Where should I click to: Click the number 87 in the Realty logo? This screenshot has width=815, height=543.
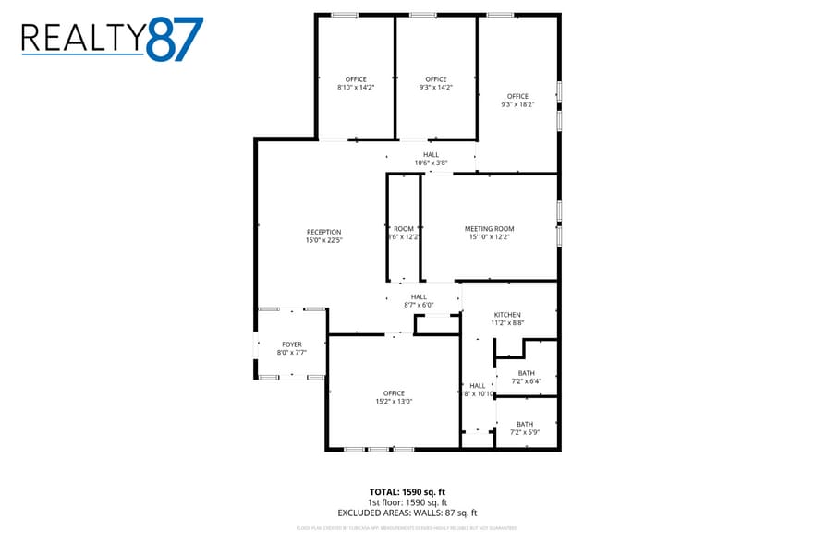[x=175, y=39]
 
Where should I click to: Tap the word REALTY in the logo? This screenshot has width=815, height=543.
[x=83, y=39]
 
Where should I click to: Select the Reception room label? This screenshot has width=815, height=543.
[x=323, y=232]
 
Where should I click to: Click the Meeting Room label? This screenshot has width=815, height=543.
[x=489, y=228]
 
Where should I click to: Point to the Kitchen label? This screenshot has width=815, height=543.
[x=506, y=315]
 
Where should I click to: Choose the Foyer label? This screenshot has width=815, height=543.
[x=292, y=344]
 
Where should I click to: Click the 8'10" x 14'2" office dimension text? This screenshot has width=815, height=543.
[x=356, y=87]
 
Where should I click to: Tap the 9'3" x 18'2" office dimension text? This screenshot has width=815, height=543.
[x=517, y=104]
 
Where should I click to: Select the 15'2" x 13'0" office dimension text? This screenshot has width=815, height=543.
[x=394, y=402]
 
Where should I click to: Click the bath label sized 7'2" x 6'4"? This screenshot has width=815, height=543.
[x=526, y=373]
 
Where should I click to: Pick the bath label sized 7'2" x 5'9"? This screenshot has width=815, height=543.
[x=524, y=424]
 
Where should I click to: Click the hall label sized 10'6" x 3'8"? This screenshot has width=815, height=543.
[x=431, y=154]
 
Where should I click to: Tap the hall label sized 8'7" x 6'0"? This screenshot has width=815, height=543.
[x=419, y=296]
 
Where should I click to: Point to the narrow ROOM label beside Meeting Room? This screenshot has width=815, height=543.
[x=404, y=228]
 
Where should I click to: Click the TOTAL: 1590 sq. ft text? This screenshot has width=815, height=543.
[x=407, y=491]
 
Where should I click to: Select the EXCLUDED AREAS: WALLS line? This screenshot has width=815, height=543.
[x=407, y=513]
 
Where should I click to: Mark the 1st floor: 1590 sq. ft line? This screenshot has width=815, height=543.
[x=407, y=501]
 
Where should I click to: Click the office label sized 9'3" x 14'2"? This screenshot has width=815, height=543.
[x=436, y=79]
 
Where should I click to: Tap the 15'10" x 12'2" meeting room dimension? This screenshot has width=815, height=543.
[x=489, y=236]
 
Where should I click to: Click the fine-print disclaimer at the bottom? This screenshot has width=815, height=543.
[x=407, y=528]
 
